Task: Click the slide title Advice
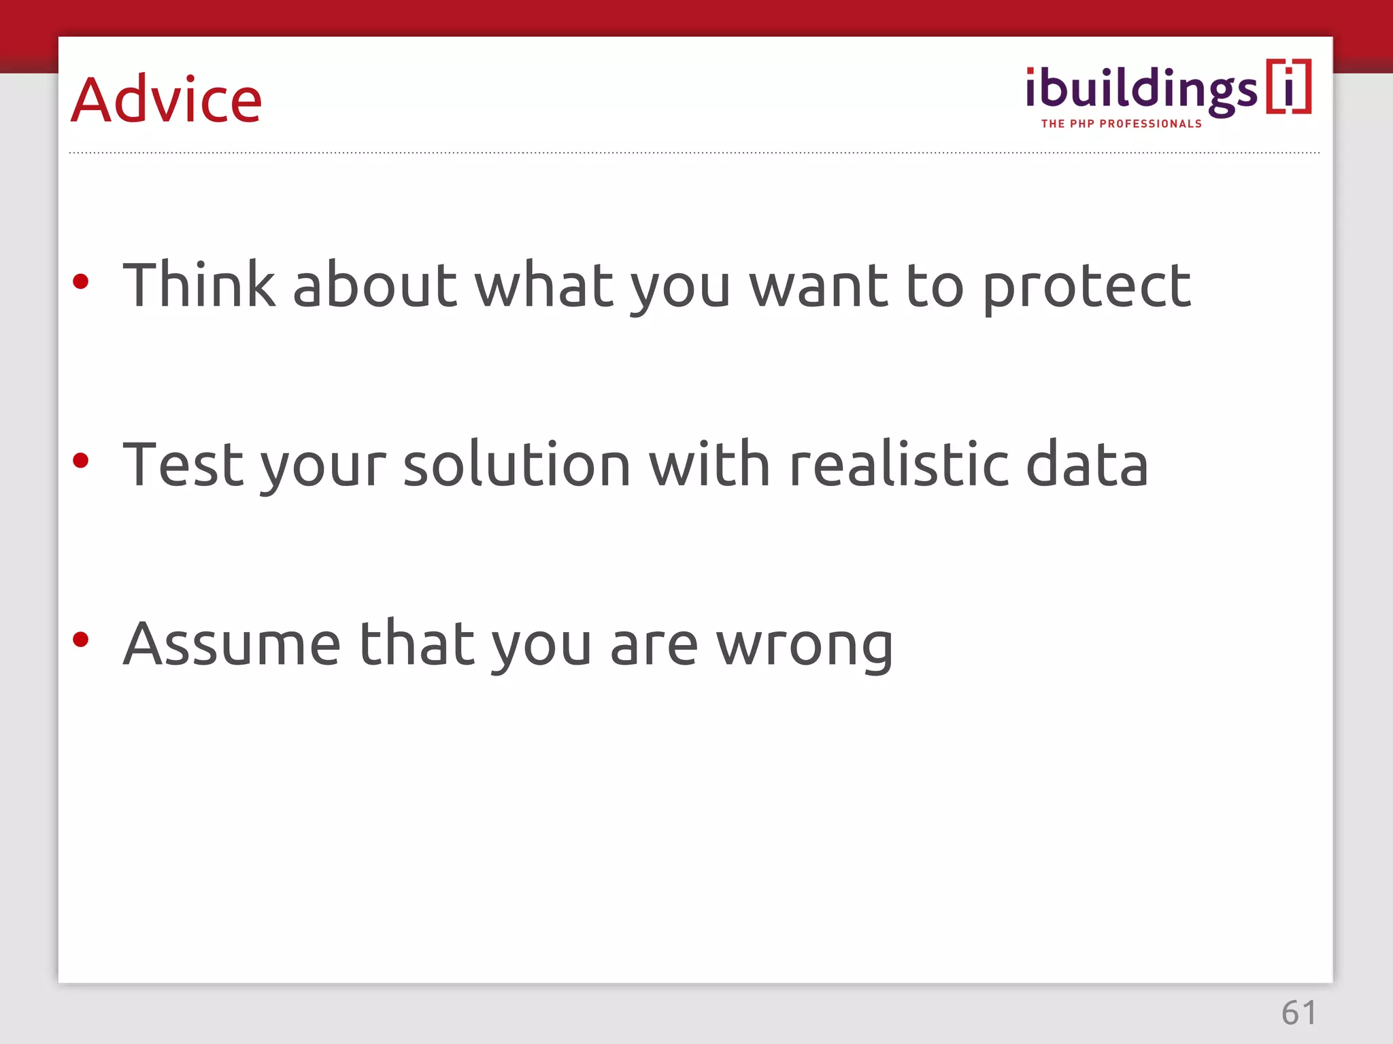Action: tap(166, 100)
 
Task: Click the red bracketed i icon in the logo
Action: tap(1288, 87)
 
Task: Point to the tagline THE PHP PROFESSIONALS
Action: tap(1121, 124)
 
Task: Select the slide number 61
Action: tap(1298, 1013)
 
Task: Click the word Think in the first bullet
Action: tap(199, 285)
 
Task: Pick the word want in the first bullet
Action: tap(818, 286)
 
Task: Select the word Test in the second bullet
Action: tap(183, 465)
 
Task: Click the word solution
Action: tap(517, 465)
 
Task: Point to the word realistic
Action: tap(899, 465)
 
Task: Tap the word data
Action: tap(1086, 465)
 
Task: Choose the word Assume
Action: tap(231, 644)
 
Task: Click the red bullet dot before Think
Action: tap(81, 281)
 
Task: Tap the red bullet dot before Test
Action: tap(81, 461)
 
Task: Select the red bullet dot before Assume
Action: tap(81, 640)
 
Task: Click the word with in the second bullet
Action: tap(709, 465)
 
